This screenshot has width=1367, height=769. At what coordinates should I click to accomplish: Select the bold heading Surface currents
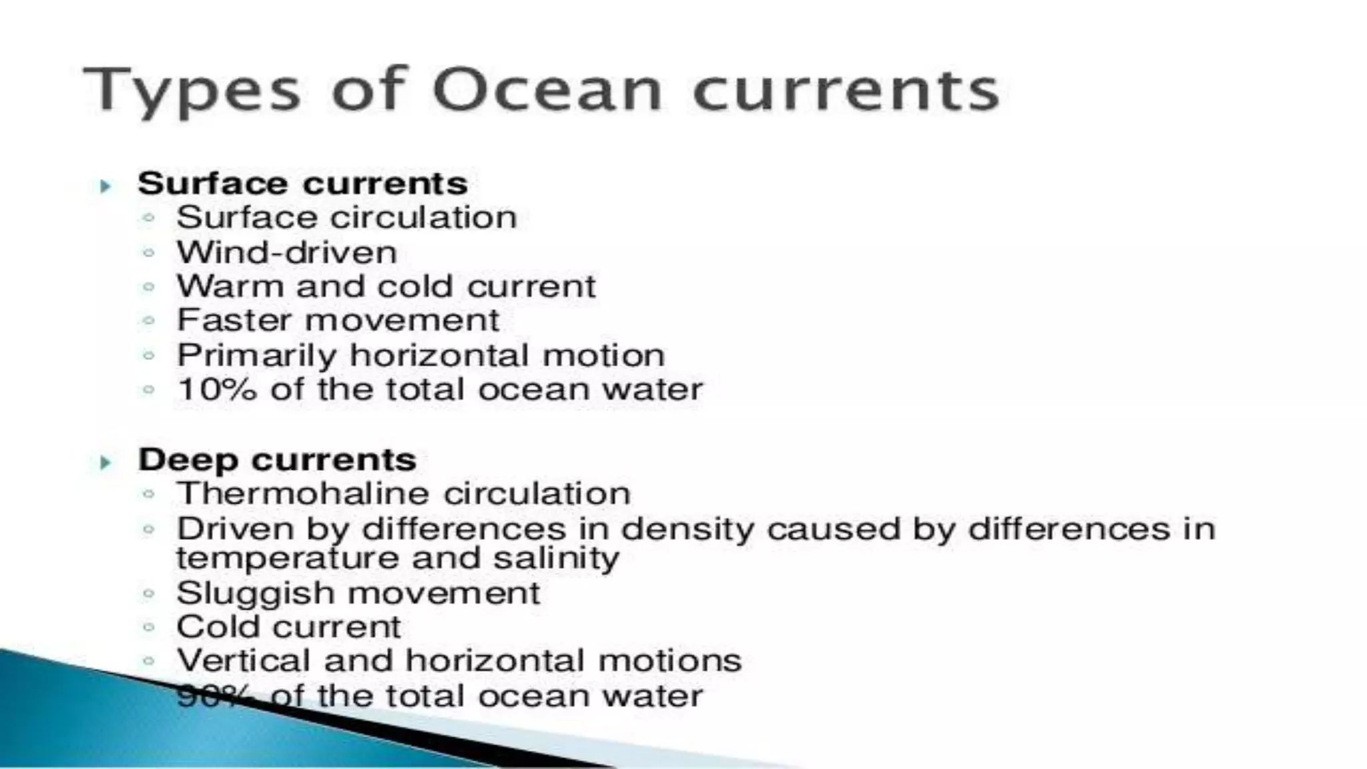(x=302, y=184)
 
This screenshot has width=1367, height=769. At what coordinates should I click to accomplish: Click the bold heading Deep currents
(x=277, y=460)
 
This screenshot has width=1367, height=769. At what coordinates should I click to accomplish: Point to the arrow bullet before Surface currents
(x=105, y=186)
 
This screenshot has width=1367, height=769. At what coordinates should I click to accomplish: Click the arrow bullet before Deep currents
(x=105, y=462)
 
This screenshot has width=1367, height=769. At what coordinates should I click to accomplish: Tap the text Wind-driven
(x=286, y=252)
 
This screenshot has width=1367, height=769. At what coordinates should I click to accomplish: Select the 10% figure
(x=217, y=389)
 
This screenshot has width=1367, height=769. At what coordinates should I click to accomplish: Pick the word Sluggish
(x=256, y=593)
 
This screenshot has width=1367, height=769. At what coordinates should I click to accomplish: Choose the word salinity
(x=556, y=558)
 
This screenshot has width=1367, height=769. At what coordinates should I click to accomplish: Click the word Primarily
(x=256, y=356)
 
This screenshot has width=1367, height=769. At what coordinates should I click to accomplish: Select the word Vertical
(x=244, y=661)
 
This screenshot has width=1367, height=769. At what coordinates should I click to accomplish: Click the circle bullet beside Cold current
(x=148, y=627)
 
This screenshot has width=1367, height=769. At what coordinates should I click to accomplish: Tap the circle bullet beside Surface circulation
(x=148, y=218)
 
